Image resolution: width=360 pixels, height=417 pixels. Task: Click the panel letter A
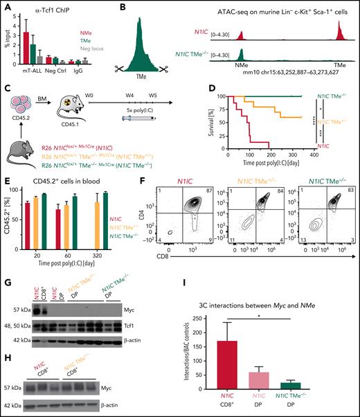[x=5, y=6]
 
